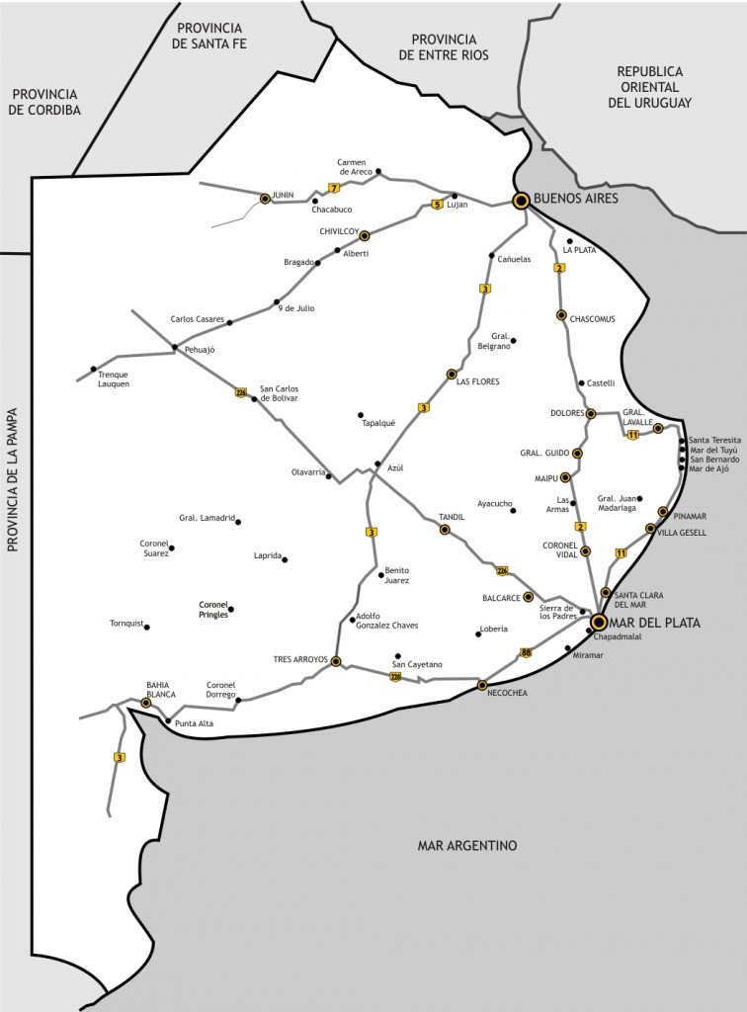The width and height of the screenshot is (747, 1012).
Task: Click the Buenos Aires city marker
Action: (x=521, y=201)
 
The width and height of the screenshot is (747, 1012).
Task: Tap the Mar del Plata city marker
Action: (x=599, y=622)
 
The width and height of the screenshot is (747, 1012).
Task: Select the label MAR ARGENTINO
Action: (x=467, y=845)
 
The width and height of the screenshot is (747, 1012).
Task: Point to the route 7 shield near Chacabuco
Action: (x=335, y=188)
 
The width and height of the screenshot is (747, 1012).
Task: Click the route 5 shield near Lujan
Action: (x=436, y=206)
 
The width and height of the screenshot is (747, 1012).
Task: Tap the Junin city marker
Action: (x=265, y=199)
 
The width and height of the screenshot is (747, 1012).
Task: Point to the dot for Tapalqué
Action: (x=361, y=415)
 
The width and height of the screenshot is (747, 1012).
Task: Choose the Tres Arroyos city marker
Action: (x=336, y=661)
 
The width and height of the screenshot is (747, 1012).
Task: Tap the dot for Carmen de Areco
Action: (x=378, y=170)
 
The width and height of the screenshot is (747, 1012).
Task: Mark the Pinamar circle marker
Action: (x=663, y=512)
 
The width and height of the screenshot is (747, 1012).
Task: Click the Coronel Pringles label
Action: (x=213, y=609)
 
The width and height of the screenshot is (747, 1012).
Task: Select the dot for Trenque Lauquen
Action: (x=94, y=369)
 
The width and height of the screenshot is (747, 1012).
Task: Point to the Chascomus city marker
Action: (x=561, y=315)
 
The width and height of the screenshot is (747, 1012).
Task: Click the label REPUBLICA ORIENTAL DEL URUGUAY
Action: (x=649, y=87)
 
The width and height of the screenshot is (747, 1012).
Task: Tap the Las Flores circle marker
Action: (x=452, y=375)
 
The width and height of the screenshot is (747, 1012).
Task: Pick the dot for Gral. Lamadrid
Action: (x=238, y=521)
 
